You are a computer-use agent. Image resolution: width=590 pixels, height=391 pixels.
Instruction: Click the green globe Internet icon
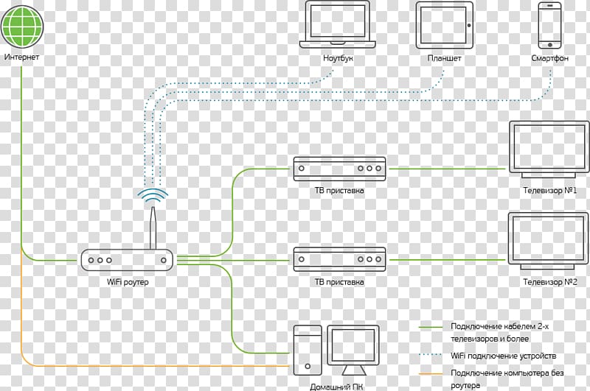tap(23, 25)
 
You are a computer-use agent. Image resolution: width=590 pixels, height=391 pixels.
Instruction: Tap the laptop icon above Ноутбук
tap(339, 24)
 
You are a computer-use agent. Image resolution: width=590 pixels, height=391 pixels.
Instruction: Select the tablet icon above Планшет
tap(444, 24)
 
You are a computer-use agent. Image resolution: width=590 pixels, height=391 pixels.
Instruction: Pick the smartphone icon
tap(549, 24)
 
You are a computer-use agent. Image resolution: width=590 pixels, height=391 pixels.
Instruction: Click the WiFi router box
tap(127, 259)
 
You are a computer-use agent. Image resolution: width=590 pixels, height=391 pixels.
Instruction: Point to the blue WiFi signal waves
tap(153, 196)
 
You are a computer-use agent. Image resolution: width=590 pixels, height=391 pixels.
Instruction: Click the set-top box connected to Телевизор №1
tap(339, 169)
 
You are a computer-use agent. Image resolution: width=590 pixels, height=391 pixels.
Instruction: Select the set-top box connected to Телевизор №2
tap(339, 259)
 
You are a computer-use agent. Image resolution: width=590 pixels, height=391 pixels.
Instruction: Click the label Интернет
tap(22, 57)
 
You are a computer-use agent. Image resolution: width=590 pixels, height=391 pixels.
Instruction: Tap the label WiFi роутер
tap(128, 282)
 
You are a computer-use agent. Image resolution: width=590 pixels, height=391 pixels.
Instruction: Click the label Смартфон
tap(549, 57)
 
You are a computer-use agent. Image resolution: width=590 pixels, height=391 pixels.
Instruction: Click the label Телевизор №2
tap(549, 281)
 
